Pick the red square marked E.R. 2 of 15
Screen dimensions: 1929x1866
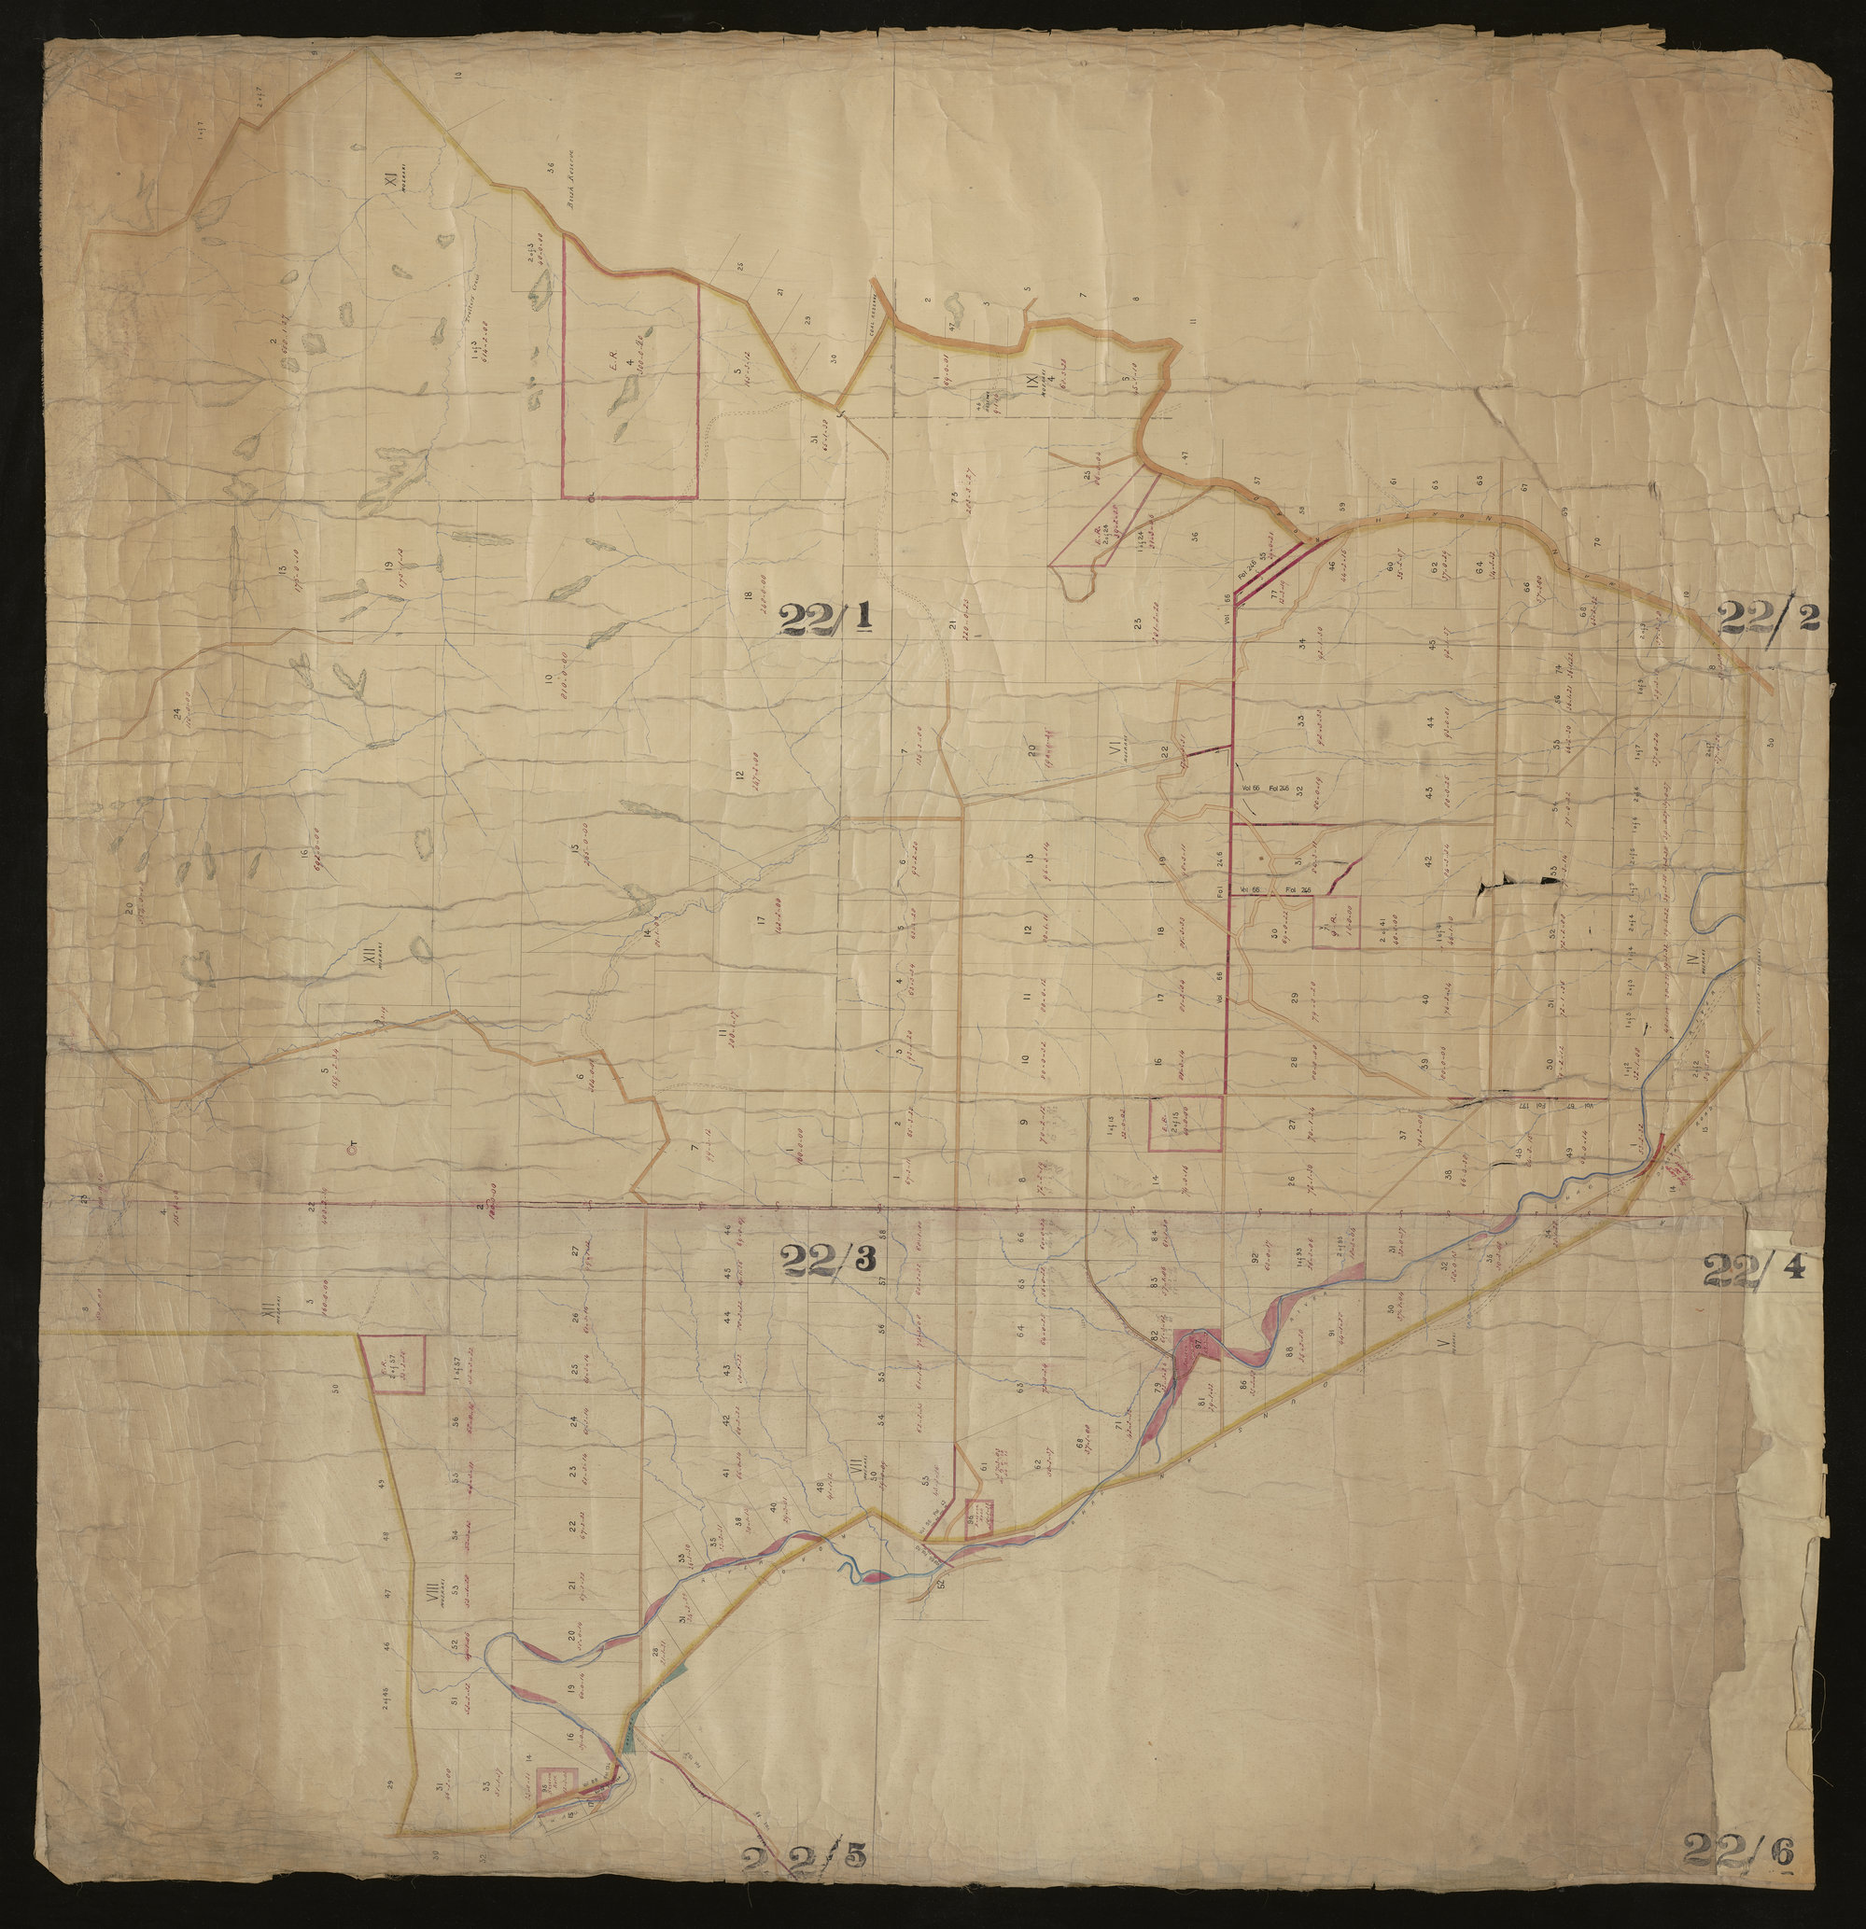click(1186, 1122)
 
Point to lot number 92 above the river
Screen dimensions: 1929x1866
click(1256, 1258)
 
